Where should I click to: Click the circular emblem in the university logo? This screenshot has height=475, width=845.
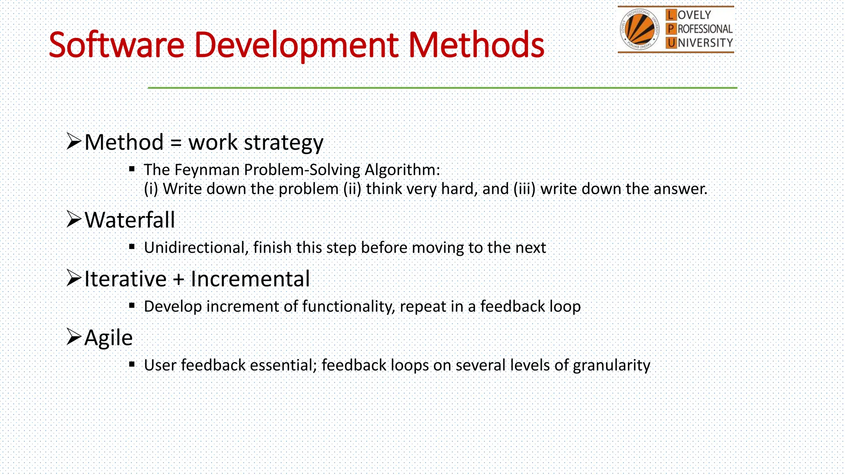639,29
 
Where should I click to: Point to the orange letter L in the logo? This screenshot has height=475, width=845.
671,15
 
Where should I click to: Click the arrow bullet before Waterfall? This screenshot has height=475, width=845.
74,219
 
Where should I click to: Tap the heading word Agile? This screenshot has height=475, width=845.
109,338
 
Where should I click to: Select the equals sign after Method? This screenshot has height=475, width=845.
176,143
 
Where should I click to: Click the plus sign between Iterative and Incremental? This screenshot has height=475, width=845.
178,279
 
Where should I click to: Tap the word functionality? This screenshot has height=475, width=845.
348,307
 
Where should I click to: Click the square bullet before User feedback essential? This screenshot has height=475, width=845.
132,364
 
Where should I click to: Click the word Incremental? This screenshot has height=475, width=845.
250,279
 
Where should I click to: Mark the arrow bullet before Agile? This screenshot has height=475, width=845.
74,337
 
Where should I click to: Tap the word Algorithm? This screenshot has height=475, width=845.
402,170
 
